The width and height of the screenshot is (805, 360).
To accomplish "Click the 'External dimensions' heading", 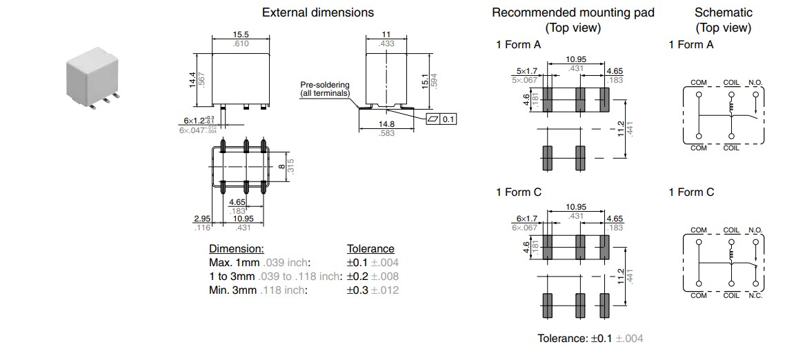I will (318, 12).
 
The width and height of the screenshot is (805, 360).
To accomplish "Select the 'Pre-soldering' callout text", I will (325, 84).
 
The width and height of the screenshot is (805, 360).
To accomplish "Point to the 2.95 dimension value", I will (201, 219).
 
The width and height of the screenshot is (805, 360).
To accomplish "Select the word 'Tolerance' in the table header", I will (370, 248).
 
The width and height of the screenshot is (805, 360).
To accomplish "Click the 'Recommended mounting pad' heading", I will (573, 12).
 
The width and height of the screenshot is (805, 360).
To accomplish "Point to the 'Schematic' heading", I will (723, 12).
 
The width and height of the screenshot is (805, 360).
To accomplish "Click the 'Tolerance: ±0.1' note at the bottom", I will (590, 339).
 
